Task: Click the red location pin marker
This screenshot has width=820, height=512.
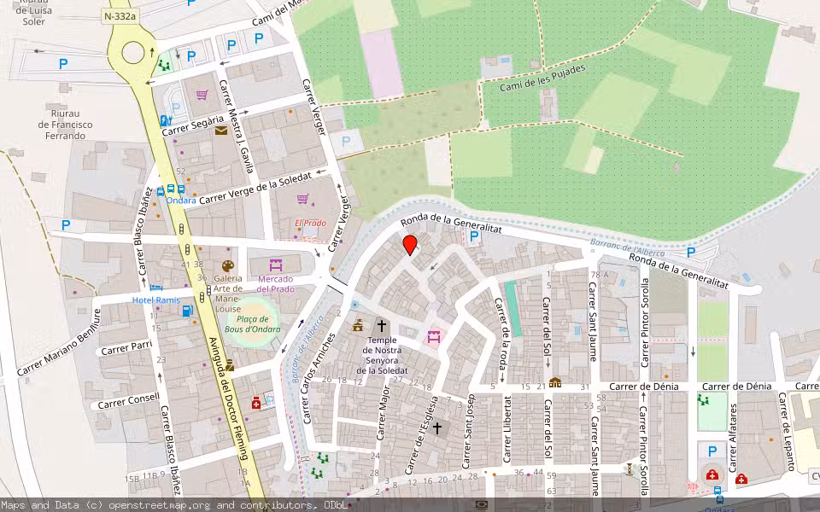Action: pyautogui.click(x=410, y=245)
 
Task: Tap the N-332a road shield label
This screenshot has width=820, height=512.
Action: pyautogui.click(x=119, y=16)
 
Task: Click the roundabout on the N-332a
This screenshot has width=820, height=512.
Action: pyautogui.click(x=133, y=53)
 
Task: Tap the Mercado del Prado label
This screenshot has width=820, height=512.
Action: pyautogui.click(x=276, y=283)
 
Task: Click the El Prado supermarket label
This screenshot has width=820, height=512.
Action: pyautogui.click(x=310, y=224)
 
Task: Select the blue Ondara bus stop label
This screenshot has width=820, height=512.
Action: pyautogui.click(x=181, y=201)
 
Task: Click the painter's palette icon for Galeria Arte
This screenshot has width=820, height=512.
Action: pyautogui.click(x=228, y=265)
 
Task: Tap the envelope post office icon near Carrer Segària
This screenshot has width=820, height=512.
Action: pyautogui.click(x=221, y=131)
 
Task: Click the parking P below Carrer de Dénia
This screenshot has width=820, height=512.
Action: pyautogui.click(x=711, y=450)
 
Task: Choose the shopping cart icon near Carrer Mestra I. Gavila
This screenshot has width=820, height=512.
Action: pyautogui.click(x=202, y=95)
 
